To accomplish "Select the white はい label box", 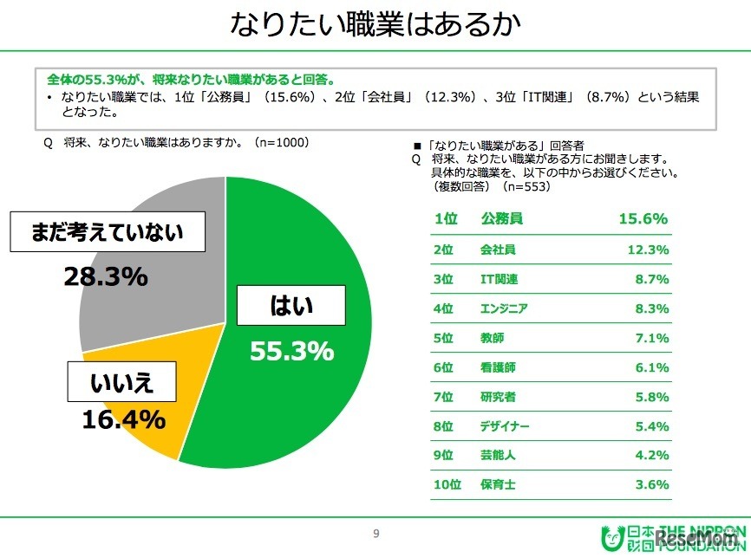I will [x=291, y=306].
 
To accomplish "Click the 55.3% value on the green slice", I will [x=291, y=351].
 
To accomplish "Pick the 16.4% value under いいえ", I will [x=124, y=419].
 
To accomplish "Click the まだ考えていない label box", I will [x=106, y=232].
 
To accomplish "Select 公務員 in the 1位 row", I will [x=502, y=219].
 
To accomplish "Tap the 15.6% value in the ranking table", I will [x=643, y=219].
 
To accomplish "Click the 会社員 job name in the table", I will [x=498, y=250].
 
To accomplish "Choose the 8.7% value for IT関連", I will [x=651, y=279].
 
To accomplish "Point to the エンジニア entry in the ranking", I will [x=503, y=308].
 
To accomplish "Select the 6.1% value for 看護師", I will [x=651, y=367].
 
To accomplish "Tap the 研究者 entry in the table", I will [x=498, y=397].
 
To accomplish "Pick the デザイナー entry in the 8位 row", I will [x=504, y=426].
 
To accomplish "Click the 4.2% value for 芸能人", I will [x=651, y=456].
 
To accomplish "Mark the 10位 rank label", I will [x=446, y=485].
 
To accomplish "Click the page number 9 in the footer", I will [x=375, y=534].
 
